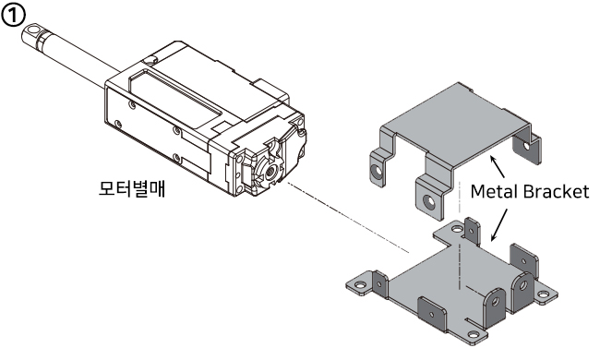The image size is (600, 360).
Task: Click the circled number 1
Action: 14,16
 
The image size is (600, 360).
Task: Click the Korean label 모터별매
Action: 132,188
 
